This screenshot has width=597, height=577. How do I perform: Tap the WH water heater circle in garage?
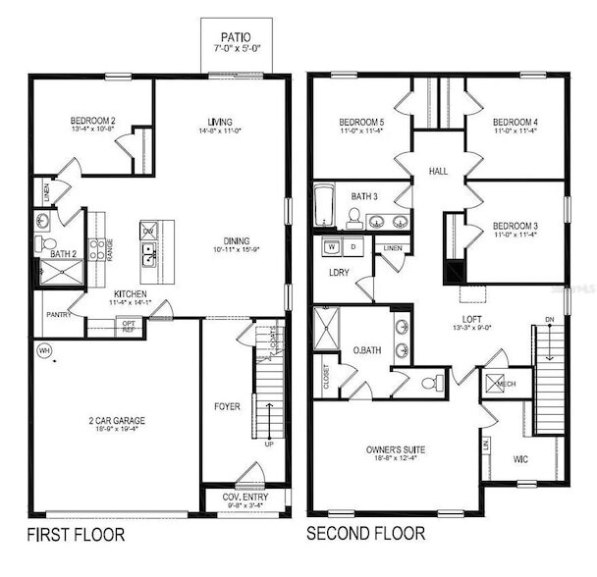click(x=43, y=349)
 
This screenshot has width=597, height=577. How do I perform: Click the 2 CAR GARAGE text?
click(x=117, y=420)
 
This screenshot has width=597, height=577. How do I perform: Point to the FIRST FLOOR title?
click(x=77, y=536)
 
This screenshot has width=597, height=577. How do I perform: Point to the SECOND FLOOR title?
click(x=366, y=535)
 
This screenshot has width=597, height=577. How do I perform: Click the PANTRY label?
click(x=57, y=315)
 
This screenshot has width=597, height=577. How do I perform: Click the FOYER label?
click(x=227, y=405)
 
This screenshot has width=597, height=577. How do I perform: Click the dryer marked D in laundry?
click(x=353, y=246)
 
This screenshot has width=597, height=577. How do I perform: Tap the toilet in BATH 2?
click(x=44, y=243)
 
